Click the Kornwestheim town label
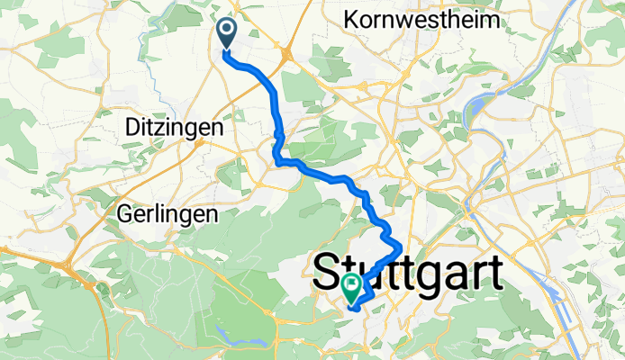coord(422,20)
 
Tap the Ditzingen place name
coord(171,129)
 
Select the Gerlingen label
coord(168,214)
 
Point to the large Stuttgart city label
coord(407,272)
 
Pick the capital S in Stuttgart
coord(331,272)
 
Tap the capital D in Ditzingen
coord(126,129)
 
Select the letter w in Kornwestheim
coord(405,20)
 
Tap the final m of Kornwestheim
coord(492,20)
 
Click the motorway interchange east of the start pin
coord(285,56)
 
